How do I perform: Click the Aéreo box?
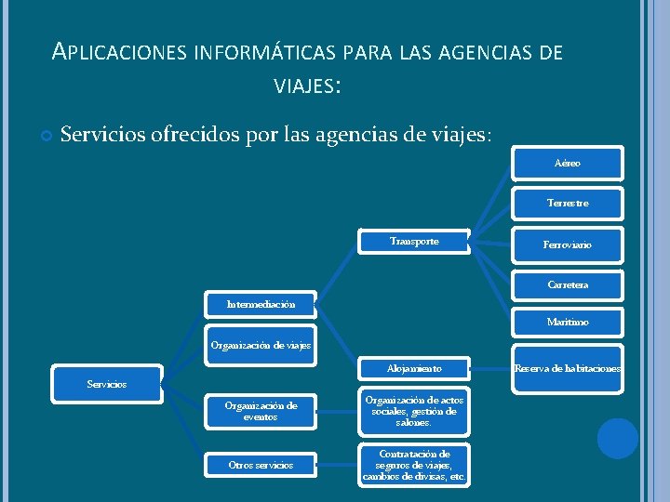(x=568, y=164)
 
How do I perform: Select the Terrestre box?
(x=568, y=203)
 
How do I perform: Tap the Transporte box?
(x=415, y=242)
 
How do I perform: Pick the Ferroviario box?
(x=568, y=244)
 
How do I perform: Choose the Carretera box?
(x=568, y=284)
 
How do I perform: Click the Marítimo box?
(x=568, y=323)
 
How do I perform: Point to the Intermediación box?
(x=261, y=304)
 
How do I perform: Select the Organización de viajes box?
(x=261, y=345)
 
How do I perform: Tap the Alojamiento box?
(x=415, y=369)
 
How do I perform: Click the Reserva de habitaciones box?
(x=568, y=369)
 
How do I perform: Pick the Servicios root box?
(x=107, y=384)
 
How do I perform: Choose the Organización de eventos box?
(x=261, y=412)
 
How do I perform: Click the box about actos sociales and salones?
(x=415, y=411)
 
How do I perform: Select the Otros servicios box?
(x=261, y=465)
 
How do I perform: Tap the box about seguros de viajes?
(x=415, y=466)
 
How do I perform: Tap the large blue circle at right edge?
(x=617, y=439)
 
